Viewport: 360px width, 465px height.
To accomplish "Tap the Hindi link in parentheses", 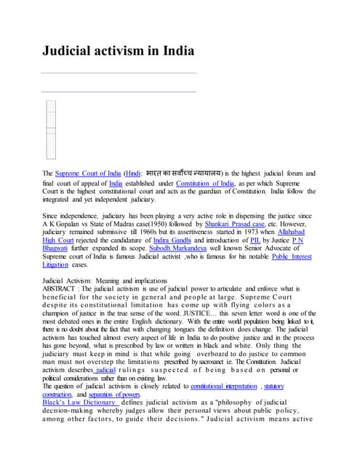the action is point(133,174).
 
